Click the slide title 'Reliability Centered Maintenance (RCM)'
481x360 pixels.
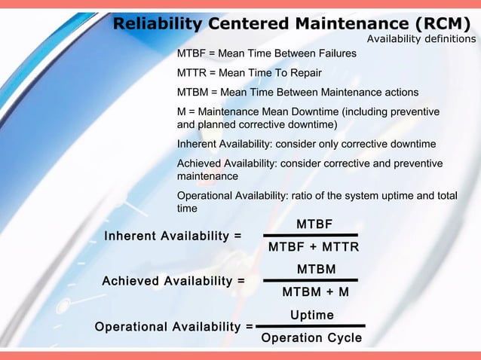pyautogui.click(x=295, y=25)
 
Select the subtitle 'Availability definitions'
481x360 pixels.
pyautogui.click(x=421, y=39)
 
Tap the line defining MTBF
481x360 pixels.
pyautogui.click(x=266, y=54)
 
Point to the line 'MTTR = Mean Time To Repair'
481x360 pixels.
pyautogui.click(x=249, y=73)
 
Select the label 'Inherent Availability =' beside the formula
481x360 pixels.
pyautogui.click(x=173, y=236)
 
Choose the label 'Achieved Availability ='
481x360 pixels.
pyautogui.click(x=173, y=281)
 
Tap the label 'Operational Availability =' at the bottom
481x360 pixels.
pyautogui.click(x=173, y=327)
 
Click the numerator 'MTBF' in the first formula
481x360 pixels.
pyautogui.click(x=314, y=224)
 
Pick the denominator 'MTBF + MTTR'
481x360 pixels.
pyautogui.click(x=314, y=248)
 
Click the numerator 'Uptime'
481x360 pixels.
pyautogui.click(x=312, y=315)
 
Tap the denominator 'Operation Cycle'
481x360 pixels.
pyautogui.click(x=311, y=338)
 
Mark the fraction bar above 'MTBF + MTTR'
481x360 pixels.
pyautogui.click(x=310, y=236)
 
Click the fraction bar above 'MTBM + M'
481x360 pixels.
pyautogui.click(x=310, y=281)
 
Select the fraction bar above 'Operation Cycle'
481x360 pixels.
pyautogui.click(x=310, y=326)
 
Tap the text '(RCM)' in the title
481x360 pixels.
pyautogui.click(x=443, y=25)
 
